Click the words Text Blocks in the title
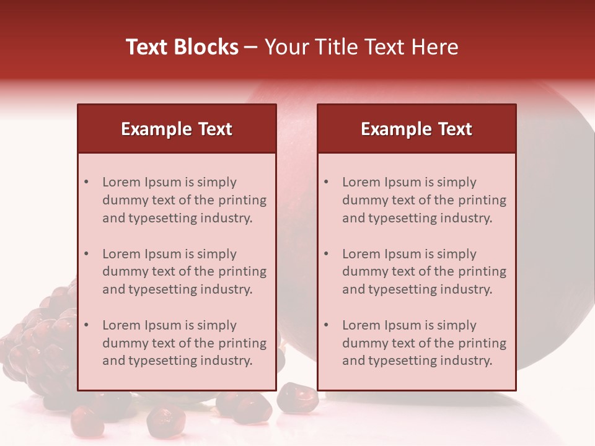point(182,47)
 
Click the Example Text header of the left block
point(177,129)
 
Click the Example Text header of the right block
point(416,129)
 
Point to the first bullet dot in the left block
point(87,182)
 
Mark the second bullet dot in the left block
point(87,254)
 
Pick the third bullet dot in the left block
point(87,325)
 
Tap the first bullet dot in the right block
point(327,182)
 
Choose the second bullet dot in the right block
point(327,254)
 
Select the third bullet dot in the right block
point(327,325)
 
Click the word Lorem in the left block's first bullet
point(121,182)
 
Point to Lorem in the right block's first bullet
point(361,182)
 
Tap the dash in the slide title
point(251,47)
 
